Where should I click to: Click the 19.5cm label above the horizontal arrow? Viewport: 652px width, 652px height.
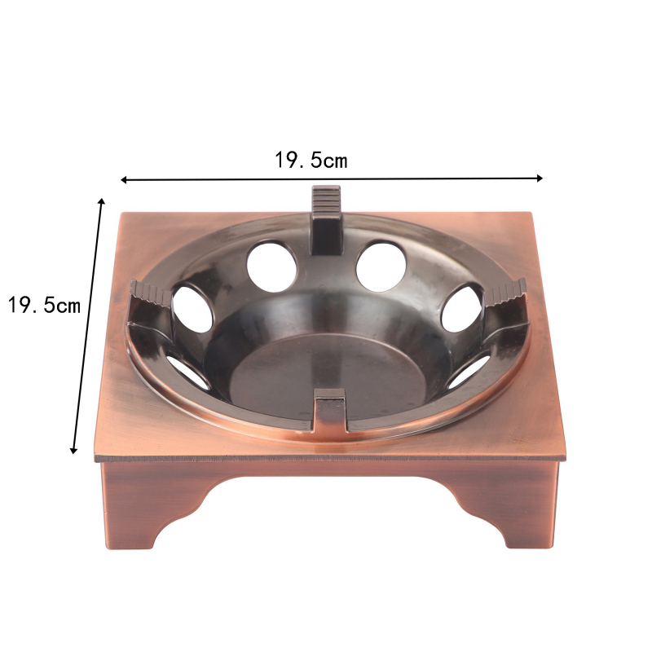pos(311,160)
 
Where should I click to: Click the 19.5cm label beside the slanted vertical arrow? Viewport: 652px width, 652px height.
pos(44,305)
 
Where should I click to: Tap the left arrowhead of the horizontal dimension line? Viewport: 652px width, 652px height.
pos(124,179)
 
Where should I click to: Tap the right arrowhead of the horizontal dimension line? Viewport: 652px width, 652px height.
pos(540,178)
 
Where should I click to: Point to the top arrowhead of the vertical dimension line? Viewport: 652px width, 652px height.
pos(101,201)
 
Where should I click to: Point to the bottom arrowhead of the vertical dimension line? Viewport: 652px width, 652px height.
pos(74,450)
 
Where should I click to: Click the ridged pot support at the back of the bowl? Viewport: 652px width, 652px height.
pos(327,219)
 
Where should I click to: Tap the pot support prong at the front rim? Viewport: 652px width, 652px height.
pos(330,409)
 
